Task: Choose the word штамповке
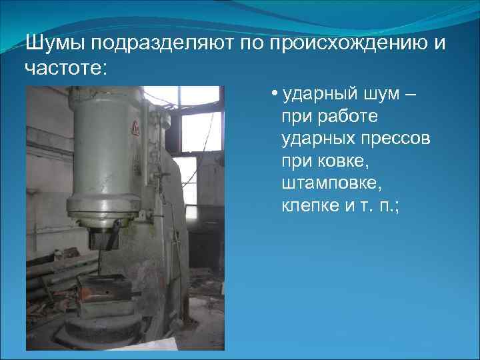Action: coord(331,183)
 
